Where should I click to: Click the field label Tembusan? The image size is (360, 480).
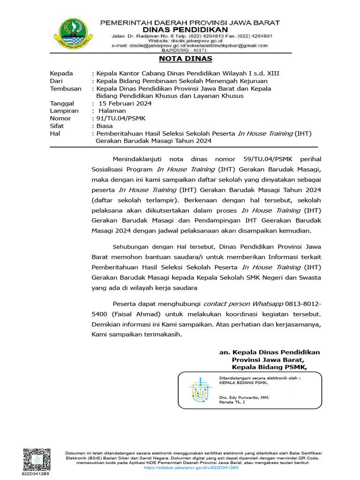pyautogui.click(x=66, y=88)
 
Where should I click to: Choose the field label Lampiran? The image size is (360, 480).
pyautogui.click(x=64, y=111)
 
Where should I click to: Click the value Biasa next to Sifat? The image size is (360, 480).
pyautogui.click(x=105, y=126)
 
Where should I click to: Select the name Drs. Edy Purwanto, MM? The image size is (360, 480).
pyautogui.click(x=244, y=397)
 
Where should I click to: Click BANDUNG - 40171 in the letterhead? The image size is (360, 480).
pyautogui.click(x=190, y=50)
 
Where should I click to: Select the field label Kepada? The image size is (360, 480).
pyautogui.click(x=61, y=73)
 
